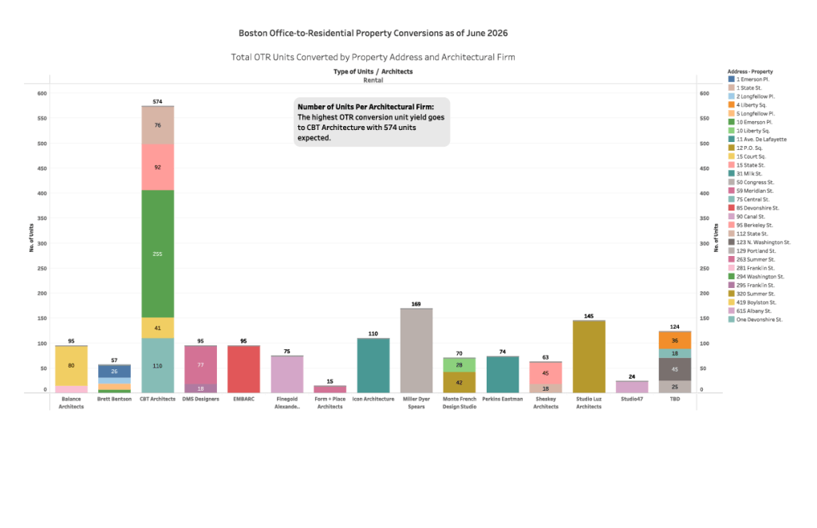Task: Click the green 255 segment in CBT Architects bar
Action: click(157, 254)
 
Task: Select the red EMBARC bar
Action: click(244, 369)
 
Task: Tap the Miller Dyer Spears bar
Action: click(416, 351)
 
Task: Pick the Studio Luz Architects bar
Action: click(589, 357)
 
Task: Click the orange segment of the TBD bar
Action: click(675, 341)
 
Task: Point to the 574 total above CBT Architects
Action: click(157, 101)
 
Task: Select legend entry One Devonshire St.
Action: click(756, 319)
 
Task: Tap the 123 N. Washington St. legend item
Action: click(760, 242)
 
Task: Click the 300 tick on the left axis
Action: click(41, 243)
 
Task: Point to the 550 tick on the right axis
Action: click(705, 118)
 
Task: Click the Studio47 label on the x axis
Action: click(632, 399)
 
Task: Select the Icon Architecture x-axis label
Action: click(373, 399)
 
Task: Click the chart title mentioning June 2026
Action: click(373, 33)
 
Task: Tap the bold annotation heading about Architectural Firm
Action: click(365, 107)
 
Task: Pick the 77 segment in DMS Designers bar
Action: click(200, 365)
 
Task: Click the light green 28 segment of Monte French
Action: click(459, 365)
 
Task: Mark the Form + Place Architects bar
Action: click(330, 389)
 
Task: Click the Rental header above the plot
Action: click(373, 81)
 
